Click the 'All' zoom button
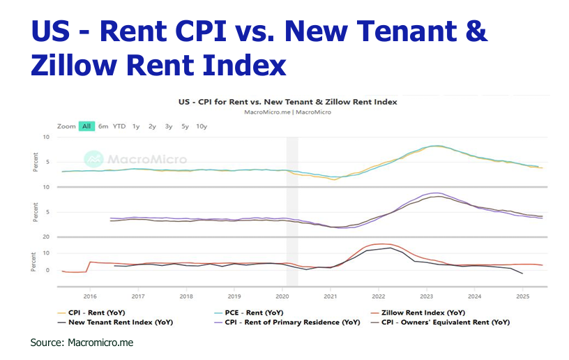coord(86,126)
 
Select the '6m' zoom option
coord(103,126)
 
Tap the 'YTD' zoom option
coord(119,126)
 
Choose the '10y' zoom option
coord(202,126)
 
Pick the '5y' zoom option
coord(185,126)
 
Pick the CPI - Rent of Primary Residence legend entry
coord(283,322)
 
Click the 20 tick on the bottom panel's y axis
coord(46,237)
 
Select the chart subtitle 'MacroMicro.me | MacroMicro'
coord(288,112)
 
